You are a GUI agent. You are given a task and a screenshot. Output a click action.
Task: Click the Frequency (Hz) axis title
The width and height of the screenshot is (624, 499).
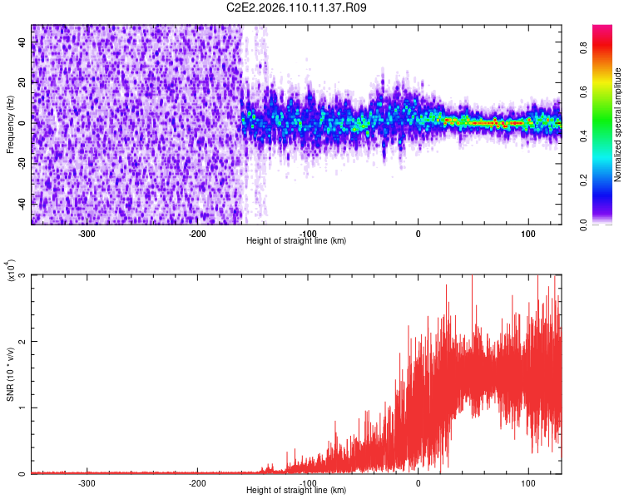coord(10,125)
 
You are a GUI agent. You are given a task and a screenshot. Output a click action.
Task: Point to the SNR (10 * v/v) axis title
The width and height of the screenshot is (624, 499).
coord(10,375)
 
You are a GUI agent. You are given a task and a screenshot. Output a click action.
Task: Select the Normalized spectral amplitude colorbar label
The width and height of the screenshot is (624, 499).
coord(618,125)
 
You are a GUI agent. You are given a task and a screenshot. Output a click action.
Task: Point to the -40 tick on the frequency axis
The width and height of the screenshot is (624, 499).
coord(22,203)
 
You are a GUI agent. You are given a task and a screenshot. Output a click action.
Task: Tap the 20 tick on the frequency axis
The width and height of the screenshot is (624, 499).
coord(22,82)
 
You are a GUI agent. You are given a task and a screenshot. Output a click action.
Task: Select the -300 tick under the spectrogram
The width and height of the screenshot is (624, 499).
coord(87,234)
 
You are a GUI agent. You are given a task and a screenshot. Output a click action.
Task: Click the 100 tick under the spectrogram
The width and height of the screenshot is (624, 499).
coord(527,234)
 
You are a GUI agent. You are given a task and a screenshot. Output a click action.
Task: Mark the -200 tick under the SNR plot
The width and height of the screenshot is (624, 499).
coord(197,483)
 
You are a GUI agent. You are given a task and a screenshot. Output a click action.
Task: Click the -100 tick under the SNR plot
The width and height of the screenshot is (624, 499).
coord(308,483)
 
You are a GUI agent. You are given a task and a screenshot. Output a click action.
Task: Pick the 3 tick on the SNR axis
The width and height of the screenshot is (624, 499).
coord(22,275)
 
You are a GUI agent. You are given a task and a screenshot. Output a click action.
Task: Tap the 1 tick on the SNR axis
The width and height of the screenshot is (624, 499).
coord(22,408)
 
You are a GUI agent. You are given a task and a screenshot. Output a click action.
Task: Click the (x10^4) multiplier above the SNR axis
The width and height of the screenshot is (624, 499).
coord(10,271)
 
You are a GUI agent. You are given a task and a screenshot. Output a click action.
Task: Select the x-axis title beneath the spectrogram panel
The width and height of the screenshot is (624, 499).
coord(296,241)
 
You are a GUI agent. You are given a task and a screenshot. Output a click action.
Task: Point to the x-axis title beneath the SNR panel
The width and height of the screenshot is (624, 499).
coord(296,491)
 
